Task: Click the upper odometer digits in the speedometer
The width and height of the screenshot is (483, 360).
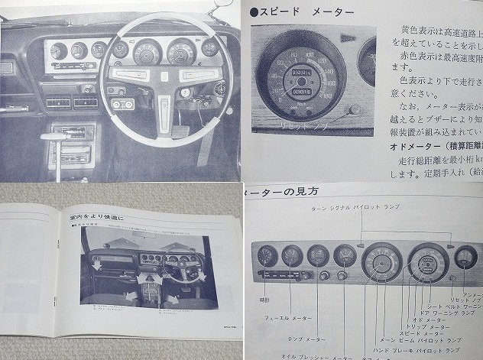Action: pyautogui.click(x=304, y=74)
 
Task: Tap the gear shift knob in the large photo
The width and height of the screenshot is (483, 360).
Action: pyautogui.click(x=52, y=138)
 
